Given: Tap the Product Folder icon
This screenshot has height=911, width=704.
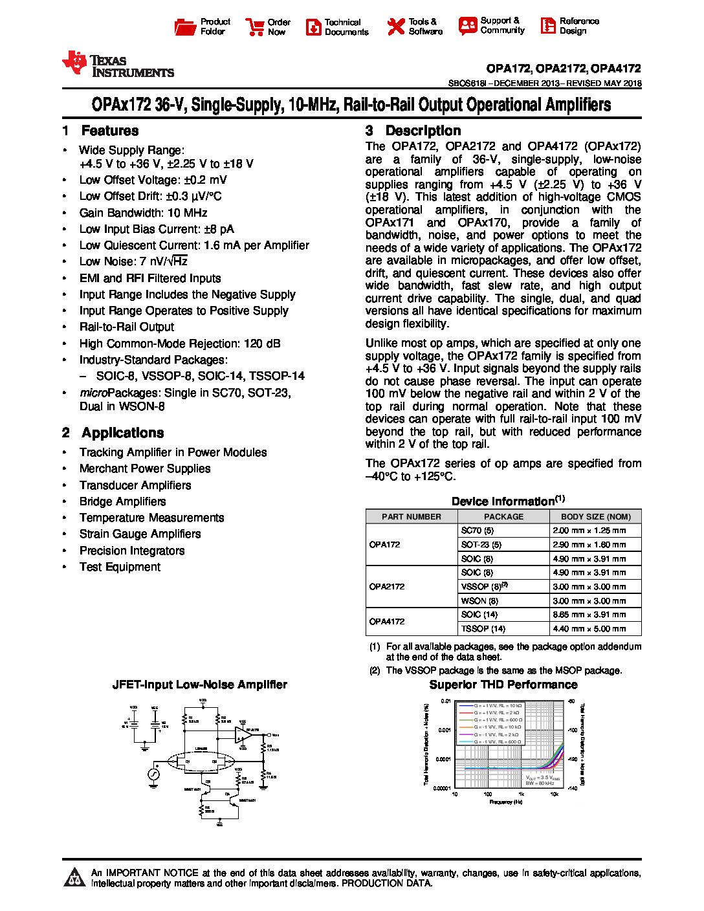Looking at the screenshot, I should tap(185, 27).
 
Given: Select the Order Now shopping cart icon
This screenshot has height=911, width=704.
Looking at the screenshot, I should tap(254, 27).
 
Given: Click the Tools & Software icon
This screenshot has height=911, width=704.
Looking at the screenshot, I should tap(395, 27).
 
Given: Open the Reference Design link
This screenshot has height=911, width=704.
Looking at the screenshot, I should tap(569, 26).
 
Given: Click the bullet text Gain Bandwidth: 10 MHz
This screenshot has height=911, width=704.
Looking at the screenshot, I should tap(143, 213).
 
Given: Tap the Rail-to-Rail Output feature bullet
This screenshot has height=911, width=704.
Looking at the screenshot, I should tap(127, 327).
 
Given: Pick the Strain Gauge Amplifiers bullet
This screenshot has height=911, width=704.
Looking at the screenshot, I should tap(140, 534).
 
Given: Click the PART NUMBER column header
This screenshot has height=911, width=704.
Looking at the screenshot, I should tap(412, 516).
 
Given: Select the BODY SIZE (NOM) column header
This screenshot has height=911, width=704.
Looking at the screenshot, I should tap(595, 516).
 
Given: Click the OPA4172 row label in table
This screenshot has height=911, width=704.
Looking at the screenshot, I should tap(387, 621).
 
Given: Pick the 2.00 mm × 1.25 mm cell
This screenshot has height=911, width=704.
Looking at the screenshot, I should tap(589, 530).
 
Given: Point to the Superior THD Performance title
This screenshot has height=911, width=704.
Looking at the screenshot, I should tap(503, 685).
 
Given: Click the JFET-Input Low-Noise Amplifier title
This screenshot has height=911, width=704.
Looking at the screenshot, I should tap(199, 685).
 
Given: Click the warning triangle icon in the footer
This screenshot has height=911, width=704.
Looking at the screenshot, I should tap(76, 877).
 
